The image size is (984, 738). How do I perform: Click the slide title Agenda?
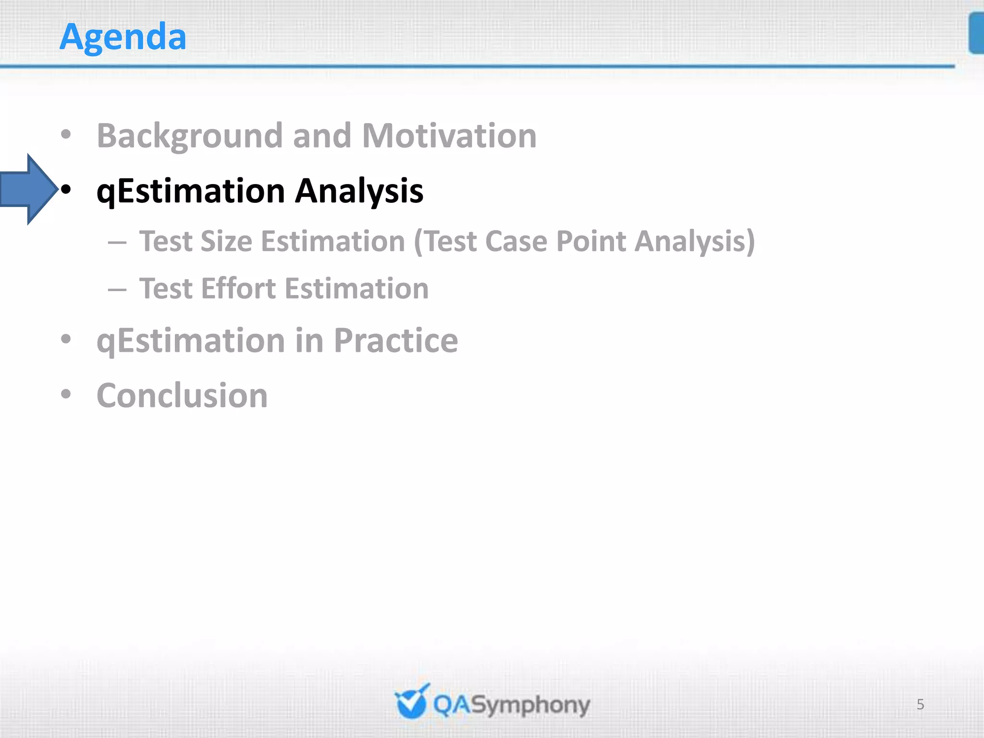point(123,37)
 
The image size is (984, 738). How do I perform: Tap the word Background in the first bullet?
point(189,136)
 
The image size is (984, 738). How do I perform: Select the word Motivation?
point(449,136)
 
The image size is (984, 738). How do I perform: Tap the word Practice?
point(395,341)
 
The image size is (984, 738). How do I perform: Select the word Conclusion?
point(182,396)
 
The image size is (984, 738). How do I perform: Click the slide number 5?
point(920,704)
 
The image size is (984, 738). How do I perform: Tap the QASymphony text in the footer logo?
point(511,705)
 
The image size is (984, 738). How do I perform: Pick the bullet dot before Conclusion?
point(66,394)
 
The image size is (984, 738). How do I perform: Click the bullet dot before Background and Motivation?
point(66,135)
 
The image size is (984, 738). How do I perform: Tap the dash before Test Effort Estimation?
point(117,290)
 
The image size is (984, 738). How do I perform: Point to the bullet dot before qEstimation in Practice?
point(66,339)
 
